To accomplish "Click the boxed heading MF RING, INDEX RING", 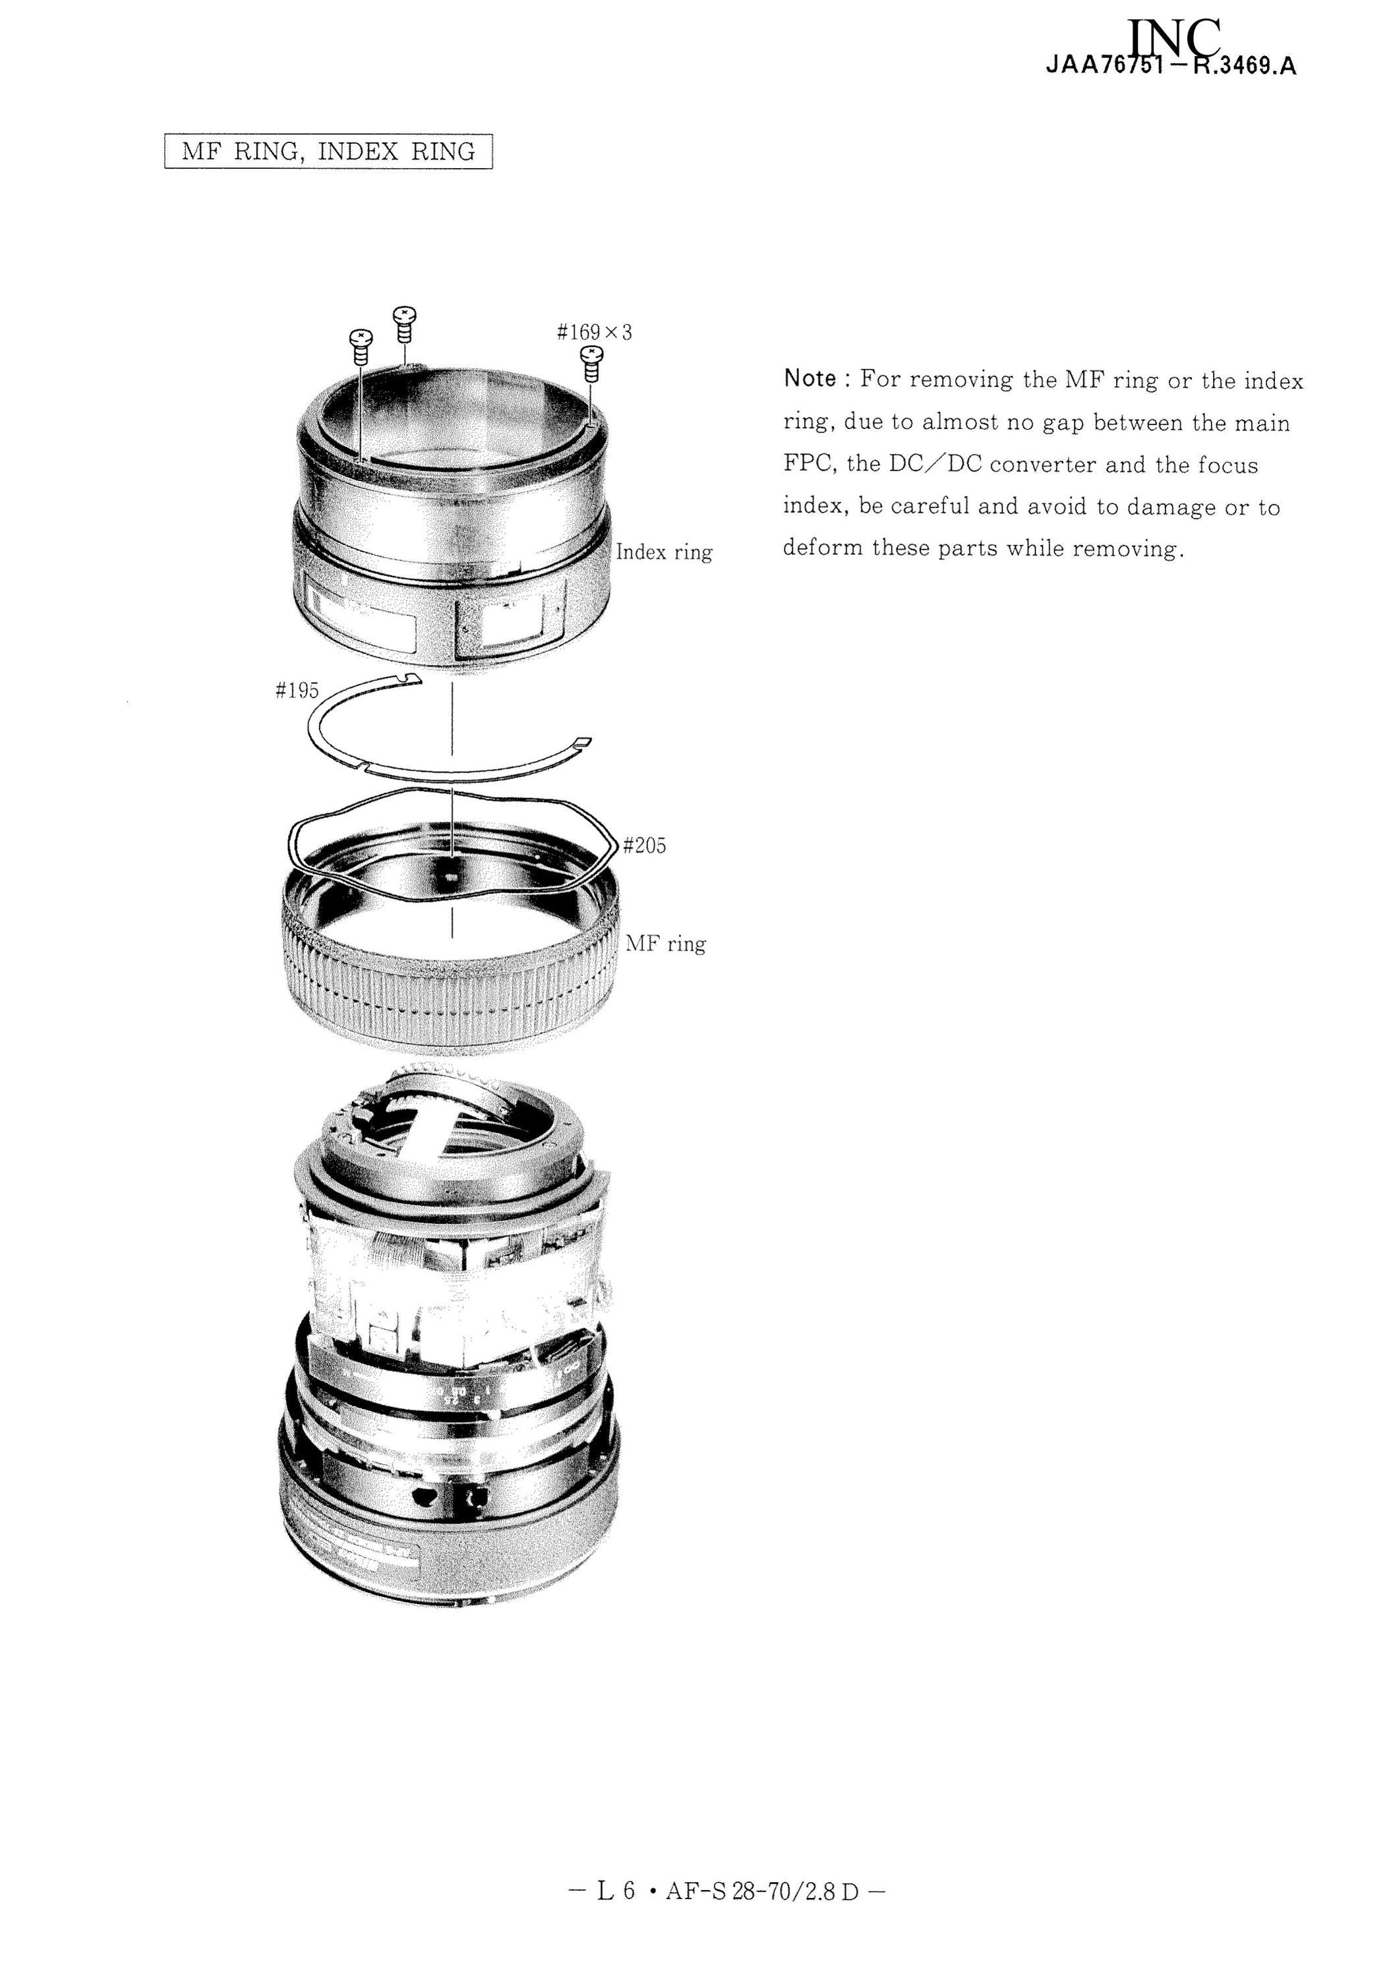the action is pos(328,152).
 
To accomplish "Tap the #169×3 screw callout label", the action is pos(594,331).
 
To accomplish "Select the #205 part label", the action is pos(644,845).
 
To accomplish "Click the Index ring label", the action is pos(664,552).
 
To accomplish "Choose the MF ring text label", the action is pos(665,944).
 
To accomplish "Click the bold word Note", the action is pos(810,379).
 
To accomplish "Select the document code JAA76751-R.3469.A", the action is pos(1171,67).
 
